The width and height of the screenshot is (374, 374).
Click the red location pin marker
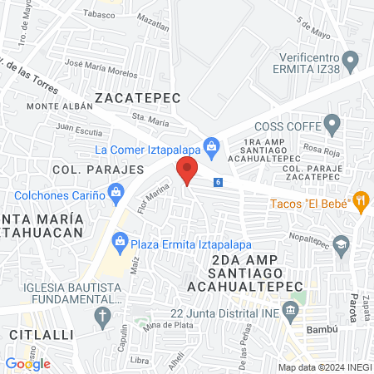tap(186, 172)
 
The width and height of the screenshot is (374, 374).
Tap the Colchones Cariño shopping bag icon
tap(116, 195)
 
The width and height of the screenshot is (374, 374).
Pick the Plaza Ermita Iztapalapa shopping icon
tap(119, 244)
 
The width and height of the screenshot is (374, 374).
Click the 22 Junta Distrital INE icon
tap(290, 312)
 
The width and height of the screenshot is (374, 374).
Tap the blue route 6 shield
tap(218, 182)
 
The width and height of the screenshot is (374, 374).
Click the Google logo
tap(27, 363)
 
